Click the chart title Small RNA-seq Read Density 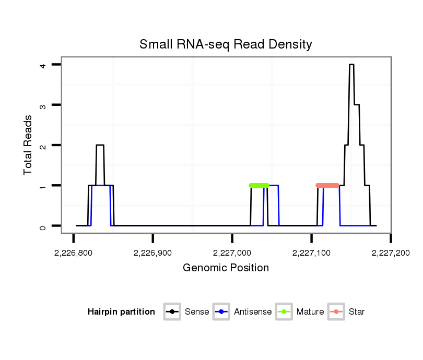pos(226,44)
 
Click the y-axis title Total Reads pos(29,145)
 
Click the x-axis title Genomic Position pos(226,268)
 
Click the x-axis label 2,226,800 pos(73,253)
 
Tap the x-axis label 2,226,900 pos(152,253)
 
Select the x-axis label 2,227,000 pos(232,253)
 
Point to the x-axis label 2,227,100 pos(311,253)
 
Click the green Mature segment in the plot pos(260,185)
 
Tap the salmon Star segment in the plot pos(327,185)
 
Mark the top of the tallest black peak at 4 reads pos(351,65)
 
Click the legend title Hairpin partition pos(121,312)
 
